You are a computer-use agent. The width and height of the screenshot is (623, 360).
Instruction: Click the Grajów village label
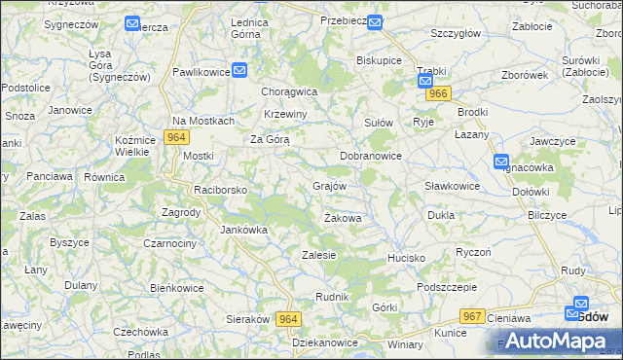coord(330,185)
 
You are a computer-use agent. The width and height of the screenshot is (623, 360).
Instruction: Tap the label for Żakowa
coord(343,218)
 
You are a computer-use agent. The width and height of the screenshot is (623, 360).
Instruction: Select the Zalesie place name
coord(319,255)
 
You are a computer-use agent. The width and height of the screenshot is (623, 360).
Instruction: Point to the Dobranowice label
coord(371,156)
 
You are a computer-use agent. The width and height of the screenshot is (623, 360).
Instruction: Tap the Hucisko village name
coord(407,258)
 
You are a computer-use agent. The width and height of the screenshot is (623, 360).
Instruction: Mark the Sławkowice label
coord(453,186)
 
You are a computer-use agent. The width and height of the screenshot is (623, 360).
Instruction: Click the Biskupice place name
coord(380,59)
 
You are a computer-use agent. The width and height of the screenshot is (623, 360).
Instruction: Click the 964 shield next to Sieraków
coord(288,319)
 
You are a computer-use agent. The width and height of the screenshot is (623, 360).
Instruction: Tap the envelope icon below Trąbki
coord(426,82)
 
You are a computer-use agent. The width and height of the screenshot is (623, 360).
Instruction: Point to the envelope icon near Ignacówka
coord(501,162)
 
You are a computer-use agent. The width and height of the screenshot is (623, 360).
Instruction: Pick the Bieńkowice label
coord(176,288)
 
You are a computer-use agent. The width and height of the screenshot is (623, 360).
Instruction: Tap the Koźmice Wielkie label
coord(135,145)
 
